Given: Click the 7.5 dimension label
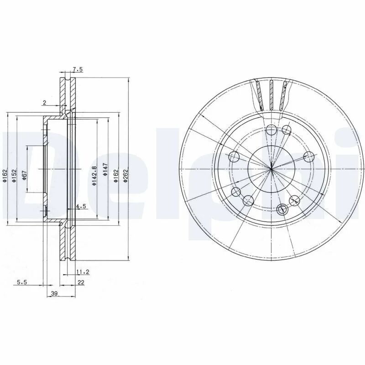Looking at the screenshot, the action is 78,69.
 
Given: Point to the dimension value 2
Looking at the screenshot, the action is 44,102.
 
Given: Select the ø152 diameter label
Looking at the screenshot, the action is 15,176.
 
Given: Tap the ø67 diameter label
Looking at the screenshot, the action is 25,175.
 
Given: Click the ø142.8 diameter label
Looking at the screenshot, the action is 94,176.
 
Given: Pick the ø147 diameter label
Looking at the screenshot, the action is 105,169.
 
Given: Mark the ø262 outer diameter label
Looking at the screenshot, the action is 126,176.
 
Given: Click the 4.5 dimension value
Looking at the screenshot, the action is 81,206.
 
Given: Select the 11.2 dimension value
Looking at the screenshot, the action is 83,271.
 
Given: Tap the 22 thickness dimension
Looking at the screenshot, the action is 81,282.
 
